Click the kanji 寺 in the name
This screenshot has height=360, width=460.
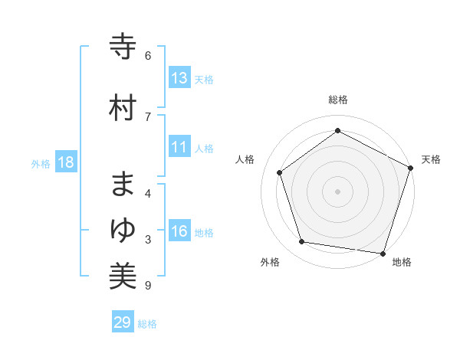[123, 48]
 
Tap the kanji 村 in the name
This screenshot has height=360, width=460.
[123, 108]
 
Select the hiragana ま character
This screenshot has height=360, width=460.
[123, 185]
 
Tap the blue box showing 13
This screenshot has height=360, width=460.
[179, 78]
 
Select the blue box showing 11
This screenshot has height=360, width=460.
[179, 147]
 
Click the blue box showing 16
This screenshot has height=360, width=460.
[179, 231]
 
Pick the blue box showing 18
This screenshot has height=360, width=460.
[65, 162]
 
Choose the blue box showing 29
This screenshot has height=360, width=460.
[123, 322]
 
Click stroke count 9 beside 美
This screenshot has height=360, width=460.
[148, 286]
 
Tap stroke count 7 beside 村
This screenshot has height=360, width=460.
[148, 116]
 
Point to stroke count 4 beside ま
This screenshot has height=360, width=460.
[148, 193]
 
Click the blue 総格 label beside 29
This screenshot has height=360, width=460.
[147, 324]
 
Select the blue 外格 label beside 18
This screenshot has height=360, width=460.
[41, 163]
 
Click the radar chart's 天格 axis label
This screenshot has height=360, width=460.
[431, 159]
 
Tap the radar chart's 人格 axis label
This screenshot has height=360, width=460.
[245, 159]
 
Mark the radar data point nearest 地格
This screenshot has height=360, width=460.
[383, 253]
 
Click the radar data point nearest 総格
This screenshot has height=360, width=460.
[337, 131]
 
